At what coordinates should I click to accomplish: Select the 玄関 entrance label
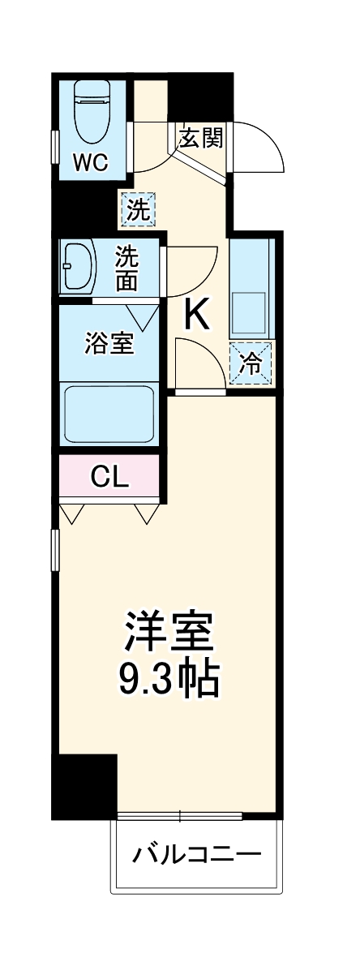tap(200, 139)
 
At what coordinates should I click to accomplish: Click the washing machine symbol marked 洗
tap(137, 210)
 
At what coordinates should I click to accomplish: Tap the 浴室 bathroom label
tap(109, 343)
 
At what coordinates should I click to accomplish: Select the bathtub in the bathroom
tap(110, 412)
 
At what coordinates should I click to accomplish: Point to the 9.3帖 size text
tap(169, 680)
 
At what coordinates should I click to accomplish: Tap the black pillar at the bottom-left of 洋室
tap(84, 785)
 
